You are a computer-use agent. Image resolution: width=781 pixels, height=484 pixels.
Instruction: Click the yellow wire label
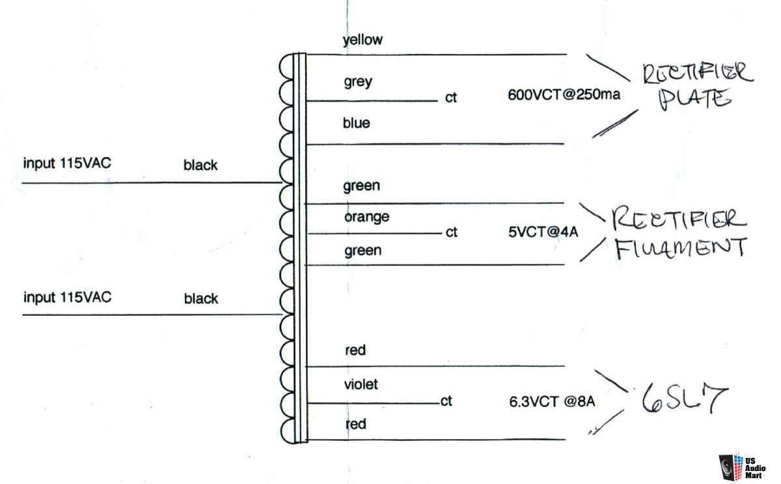(363, 40)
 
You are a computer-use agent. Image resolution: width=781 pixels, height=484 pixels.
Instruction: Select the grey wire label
(358, 82)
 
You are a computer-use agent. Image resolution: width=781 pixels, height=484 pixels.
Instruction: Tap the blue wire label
(357, 123)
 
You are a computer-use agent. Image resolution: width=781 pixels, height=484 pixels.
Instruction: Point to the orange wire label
(367, 217)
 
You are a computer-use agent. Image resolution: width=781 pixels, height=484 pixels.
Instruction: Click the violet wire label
(361, 384)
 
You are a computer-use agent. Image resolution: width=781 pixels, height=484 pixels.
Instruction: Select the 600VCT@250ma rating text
(564, 94)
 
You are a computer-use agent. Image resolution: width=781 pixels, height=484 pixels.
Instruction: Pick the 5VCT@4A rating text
(543, 232)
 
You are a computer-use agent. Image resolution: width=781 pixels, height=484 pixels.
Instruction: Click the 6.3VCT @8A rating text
(552, 402)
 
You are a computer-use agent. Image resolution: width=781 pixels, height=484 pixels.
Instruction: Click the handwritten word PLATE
(694, 100)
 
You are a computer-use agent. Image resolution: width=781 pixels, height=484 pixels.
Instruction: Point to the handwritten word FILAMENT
(681, 248)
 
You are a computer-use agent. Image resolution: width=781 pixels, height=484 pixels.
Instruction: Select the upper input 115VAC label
(67, 164)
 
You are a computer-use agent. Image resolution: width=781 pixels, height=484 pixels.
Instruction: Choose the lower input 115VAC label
(67, 297)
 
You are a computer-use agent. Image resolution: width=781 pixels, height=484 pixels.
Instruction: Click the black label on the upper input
(200, 165)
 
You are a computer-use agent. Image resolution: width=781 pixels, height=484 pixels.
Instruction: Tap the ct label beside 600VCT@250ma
(451, 98)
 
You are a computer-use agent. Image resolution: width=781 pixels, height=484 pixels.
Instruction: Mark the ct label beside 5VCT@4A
(452, 232)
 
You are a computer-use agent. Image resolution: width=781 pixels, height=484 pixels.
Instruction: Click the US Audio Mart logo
(743, 467)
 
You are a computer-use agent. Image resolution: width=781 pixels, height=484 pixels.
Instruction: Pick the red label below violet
(355, 424)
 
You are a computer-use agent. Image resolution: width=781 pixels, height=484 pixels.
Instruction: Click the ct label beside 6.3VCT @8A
(446, 401)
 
